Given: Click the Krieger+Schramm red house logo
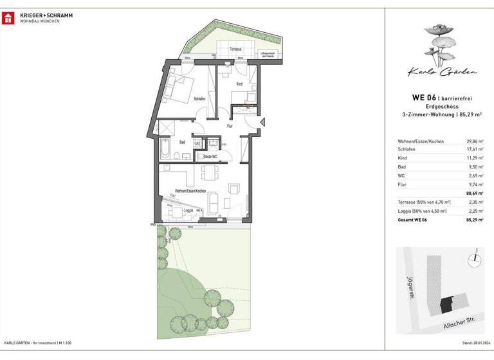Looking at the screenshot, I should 8,17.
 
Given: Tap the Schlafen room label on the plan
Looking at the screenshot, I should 199,98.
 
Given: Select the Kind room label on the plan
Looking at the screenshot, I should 239,84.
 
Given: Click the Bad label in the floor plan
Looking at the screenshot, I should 182,142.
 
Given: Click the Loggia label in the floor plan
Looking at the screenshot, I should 188,210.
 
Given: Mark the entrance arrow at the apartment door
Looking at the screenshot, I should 261,123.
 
